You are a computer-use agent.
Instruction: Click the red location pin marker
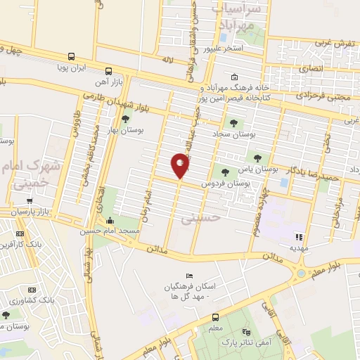click(x=181, y=166)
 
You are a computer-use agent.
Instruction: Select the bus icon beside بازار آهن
click(x=108, y=71)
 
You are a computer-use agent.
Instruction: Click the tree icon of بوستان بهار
click(x=125, y=119)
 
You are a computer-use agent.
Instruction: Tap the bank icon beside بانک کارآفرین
click(x=19, y=234)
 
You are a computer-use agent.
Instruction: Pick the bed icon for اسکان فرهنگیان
click(x=188, y=276)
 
